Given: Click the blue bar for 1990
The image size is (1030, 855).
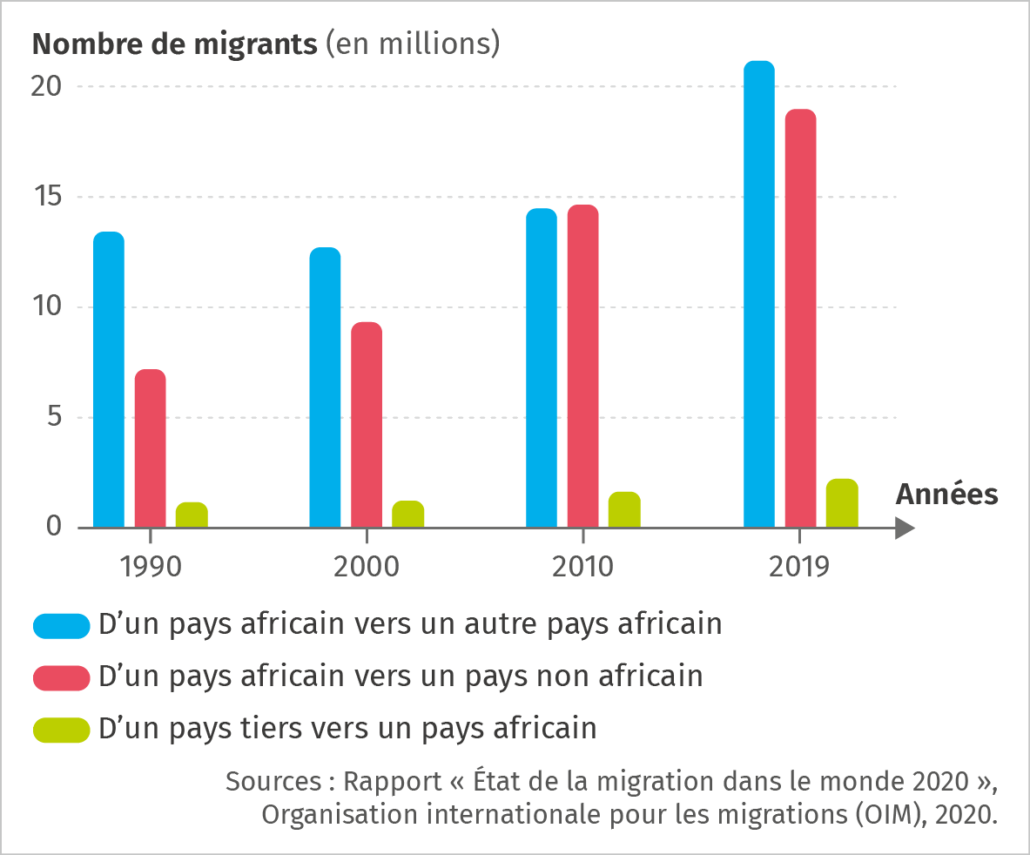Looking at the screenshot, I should (x=109, y=380).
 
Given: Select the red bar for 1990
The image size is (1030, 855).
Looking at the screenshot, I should (x=150, y=448).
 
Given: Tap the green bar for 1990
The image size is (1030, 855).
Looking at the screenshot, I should (x=192, y=515).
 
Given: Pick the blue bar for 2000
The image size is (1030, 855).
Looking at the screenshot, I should (x=325, y=387).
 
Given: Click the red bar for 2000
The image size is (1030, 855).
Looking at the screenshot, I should (x=367, y=425).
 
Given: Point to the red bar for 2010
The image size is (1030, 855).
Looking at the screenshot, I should (x=582, y=367).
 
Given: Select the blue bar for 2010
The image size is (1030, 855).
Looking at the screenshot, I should (x=542, y=368).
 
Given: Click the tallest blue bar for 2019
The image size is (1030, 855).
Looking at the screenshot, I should (x=758, y=294).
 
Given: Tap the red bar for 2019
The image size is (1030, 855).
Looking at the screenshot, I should (x=800, y=319).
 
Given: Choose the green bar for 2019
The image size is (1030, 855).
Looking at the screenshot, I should (x=842, y=503).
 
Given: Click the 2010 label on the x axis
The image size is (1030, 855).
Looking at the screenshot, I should (x=582, y=568).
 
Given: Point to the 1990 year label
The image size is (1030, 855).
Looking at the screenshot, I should (x=151, y=568).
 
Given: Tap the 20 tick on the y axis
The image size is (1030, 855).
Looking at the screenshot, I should (x=47, y=86).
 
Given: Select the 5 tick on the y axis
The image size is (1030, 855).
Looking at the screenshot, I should (x=54, y=417).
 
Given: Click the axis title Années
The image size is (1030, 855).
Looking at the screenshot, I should (x=947, y=495).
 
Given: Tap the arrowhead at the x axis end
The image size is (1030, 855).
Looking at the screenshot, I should (x=905, y=528).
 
